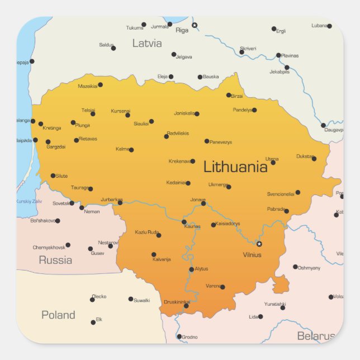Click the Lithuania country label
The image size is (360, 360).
click(x=235, y=167)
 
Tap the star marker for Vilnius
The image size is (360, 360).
click(x=259, y=244)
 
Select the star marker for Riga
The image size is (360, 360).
click(x=195, y=25)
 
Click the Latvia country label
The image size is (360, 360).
click(x=147, y=43)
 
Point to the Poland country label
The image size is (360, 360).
click(x=58, y=315)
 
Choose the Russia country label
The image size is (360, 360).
click(x=55, y=260)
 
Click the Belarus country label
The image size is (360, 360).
click(x=316, y=336)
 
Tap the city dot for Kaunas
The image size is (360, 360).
click(x=184, y=222)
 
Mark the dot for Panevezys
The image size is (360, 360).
click(x=207, y=141)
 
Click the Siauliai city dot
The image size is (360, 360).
click(x=151, y=121)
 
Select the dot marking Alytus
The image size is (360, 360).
click(x=191, y=269)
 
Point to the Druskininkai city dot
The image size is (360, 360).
click(x=186, y=306)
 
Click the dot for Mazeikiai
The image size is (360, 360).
click(x=100, y=85)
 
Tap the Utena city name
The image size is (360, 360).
click(x=272, y=159)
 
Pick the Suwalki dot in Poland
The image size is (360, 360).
click(x=131, y=299)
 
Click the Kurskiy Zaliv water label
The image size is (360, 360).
click(x=30, y=201)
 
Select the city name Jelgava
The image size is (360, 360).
click(x=184, y=56)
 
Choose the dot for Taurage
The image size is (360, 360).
click(x=91, y=189)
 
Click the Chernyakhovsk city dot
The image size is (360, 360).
click(x=68, y=245)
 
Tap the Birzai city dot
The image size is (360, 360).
click(x=229, y=95)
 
